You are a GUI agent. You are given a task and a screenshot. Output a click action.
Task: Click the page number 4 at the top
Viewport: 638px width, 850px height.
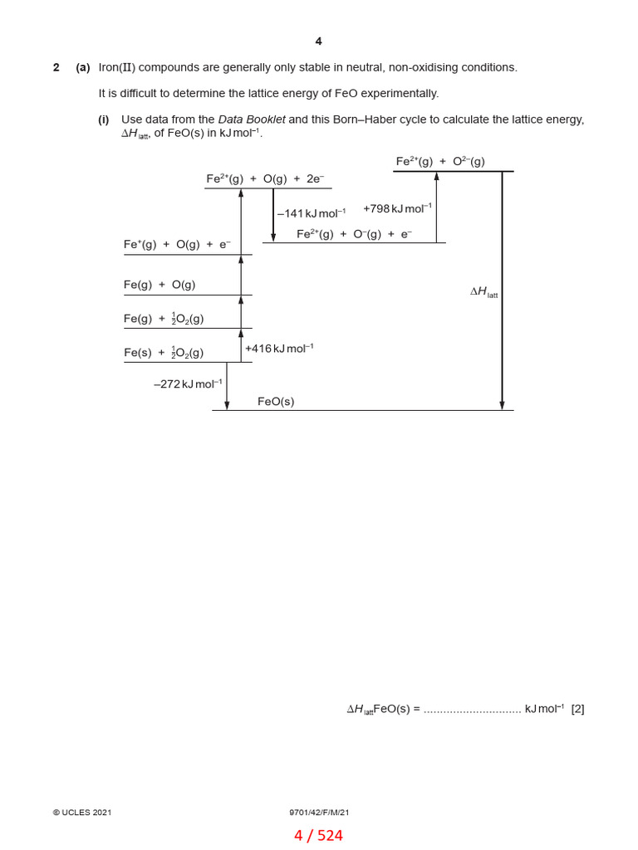point(318,42)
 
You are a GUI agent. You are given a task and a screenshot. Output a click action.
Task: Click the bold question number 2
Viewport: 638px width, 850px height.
point(56,67)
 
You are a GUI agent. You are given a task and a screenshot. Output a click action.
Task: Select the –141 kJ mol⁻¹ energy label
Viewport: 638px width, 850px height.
point(312,213)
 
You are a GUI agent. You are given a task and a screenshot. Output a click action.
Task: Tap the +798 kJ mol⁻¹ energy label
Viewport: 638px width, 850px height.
point(397,208)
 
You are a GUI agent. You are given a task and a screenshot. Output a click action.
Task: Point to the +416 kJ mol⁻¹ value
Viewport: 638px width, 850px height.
point(279,349)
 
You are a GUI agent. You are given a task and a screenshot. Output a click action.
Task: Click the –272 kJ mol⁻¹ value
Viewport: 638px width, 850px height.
point(188,384)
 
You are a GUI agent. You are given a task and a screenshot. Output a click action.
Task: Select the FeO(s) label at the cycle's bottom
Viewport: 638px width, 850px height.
point(276,402)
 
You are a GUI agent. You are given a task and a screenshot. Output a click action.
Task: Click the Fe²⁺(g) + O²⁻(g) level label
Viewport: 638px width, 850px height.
point(440,161)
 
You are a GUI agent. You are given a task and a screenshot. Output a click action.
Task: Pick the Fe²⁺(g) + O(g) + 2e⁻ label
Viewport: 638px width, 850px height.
point(265,178)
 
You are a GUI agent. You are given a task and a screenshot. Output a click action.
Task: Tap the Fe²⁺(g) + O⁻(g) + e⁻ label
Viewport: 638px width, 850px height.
point(354,234)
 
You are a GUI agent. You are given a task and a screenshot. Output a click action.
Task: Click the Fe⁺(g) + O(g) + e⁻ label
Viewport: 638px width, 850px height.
point(177,244)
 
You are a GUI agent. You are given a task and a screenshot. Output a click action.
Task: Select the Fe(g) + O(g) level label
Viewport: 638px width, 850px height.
point(159,285)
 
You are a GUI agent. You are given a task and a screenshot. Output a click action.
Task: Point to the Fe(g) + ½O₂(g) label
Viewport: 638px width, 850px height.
point(164,319)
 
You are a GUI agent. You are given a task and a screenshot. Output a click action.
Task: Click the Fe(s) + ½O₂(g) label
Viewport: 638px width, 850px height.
point(164,353)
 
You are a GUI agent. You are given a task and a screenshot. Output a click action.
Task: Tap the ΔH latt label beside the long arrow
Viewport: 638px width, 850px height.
point(483,291)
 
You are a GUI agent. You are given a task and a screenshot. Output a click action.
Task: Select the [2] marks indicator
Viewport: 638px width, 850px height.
point(577,709)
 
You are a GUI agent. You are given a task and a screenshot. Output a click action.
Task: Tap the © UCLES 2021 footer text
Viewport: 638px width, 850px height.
point(82,813)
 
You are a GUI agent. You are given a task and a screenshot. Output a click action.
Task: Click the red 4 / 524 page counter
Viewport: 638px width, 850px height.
point(318,836)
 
